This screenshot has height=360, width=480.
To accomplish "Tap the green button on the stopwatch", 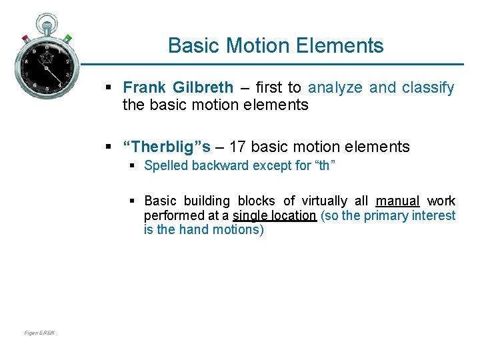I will (68, 37).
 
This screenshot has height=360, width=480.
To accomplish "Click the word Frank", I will (144, 87).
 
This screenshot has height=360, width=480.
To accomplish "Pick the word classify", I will (428, 87).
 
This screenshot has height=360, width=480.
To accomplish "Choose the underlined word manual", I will (397, 201).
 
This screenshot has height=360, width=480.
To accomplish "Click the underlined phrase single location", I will (275, 215).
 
